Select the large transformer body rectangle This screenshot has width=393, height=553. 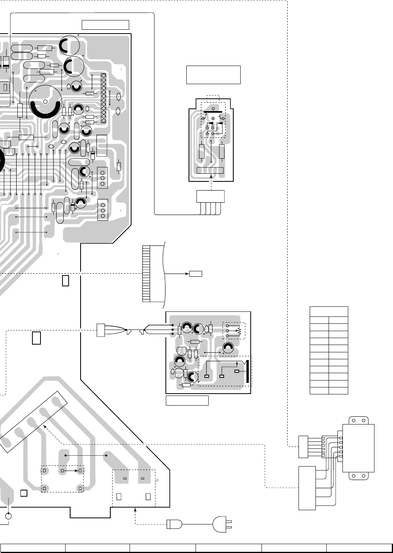[x=358, y=448]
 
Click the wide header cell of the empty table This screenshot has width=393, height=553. [x=329, y=311]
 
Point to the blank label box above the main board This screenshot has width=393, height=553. [x=105, y=25]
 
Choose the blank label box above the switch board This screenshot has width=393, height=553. [x=213, y=74]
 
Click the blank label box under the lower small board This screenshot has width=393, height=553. [x=187, y=401]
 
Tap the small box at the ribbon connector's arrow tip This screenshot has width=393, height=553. [x=196, y=274]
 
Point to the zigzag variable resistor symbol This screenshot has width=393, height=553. [x=239, y=330]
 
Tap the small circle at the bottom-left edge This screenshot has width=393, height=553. [x=9, y=516]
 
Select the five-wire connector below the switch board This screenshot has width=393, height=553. [x=210, y=196]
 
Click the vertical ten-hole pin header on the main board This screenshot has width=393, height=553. [x=103, y=98]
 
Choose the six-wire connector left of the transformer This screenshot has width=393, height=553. [x=303, y=446]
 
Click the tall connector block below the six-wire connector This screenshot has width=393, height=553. [x=307, y=488]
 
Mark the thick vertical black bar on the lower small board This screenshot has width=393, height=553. [x=247, y=370]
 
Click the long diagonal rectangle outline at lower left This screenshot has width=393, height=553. [x=34, y=422]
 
